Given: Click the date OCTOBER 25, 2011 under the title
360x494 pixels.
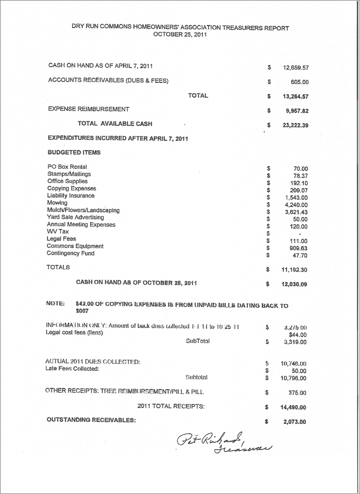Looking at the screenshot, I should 179,35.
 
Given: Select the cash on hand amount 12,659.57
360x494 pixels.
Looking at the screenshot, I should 295,68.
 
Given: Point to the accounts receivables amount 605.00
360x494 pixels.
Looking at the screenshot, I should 299,82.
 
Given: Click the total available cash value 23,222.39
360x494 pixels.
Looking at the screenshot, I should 295,126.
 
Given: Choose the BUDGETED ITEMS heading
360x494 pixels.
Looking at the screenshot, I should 74,153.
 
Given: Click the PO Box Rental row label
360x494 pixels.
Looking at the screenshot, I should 67,167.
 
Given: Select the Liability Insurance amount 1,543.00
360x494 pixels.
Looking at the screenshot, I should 296,198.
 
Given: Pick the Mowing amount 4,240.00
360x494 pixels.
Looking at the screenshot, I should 296,205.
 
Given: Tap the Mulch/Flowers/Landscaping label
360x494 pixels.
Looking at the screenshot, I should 83,210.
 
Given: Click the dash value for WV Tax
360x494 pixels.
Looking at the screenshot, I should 299,234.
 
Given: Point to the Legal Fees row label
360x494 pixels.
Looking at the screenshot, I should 62,239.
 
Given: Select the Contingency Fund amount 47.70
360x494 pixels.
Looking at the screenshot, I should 299,255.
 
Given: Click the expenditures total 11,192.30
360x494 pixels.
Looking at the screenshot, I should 295,269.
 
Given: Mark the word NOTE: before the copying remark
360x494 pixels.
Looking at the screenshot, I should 55,304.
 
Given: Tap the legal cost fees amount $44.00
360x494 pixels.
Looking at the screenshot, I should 297,335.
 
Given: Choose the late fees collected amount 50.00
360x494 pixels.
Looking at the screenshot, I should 299,371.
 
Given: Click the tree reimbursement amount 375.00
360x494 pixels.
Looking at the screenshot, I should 298,392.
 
